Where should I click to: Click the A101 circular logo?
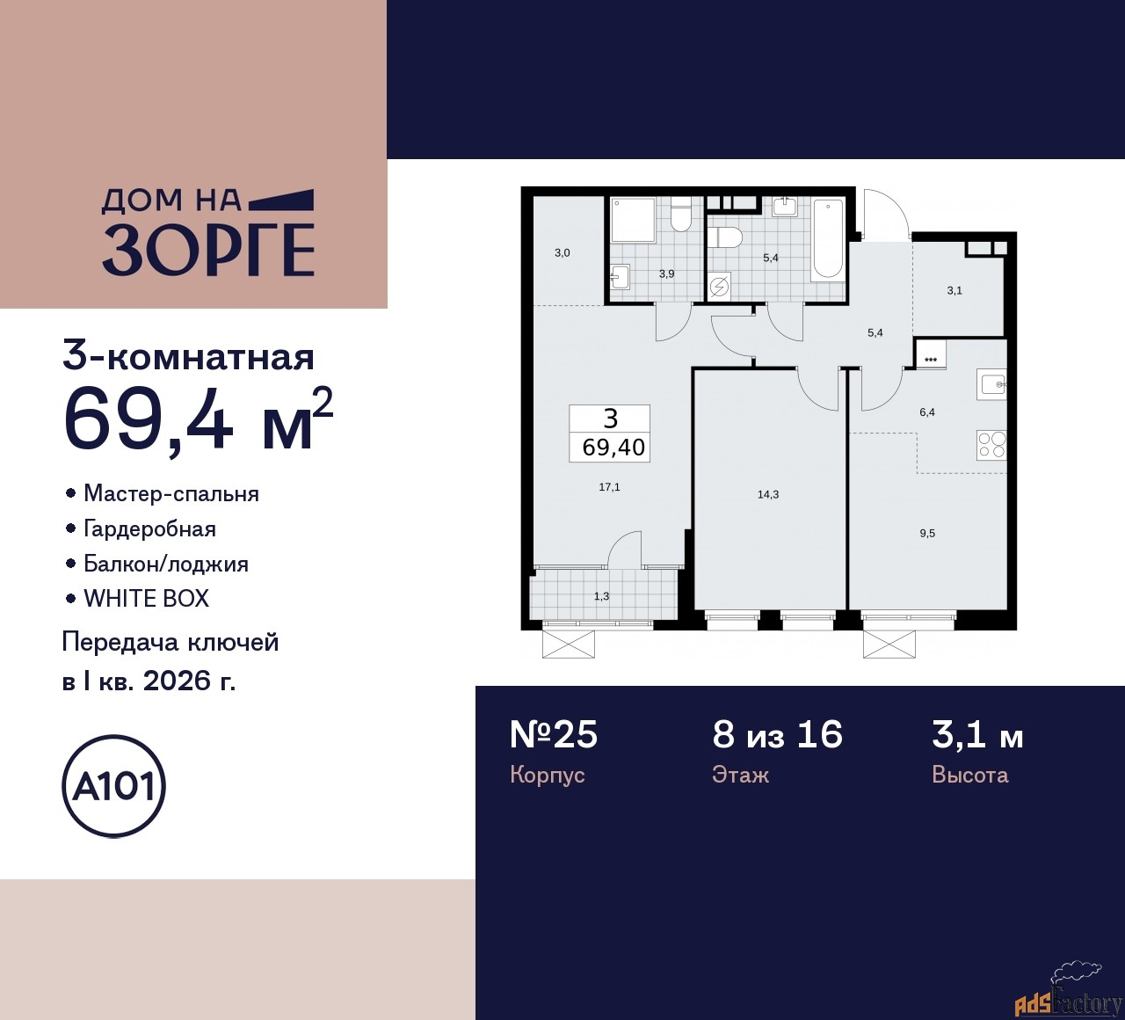(114, 785)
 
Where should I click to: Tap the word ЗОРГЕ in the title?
(209, 250)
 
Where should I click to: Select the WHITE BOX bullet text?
(146, 599)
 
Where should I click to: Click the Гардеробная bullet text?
(149, 528)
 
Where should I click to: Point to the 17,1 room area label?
(609, 486)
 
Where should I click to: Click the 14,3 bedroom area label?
(768, 494)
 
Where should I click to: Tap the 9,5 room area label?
(927, 533)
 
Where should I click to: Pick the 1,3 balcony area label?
(601, 596)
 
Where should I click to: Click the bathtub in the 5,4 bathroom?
(828, 239)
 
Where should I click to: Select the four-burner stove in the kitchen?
(991, 445)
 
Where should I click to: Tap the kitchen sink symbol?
(991, 385)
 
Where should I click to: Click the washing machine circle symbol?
(720, 286)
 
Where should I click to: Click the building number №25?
(554, 733)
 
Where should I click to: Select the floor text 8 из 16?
(777, 733)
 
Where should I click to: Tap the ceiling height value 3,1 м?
(977, 733)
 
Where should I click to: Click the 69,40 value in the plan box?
(613, 447)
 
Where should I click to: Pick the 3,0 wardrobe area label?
(562, 253)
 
